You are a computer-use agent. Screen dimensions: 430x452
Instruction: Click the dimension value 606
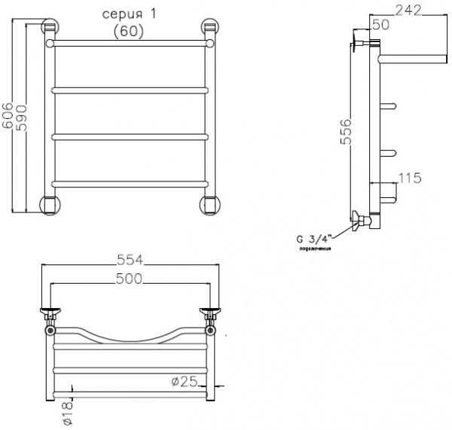[x=8, y=116]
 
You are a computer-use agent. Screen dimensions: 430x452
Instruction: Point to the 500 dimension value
[x=129, y=278]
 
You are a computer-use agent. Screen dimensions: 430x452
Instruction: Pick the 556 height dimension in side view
[x=345, y=134]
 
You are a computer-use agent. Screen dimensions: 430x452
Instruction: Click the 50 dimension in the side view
[x=380, y=25]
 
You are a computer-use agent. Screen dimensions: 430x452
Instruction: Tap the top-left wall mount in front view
[x=49, y=29]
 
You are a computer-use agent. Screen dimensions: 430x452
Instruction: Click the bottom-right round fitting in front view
[x=209, y=204]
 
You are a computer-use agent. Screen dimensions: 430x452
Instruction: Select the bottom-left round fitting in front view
[x=49, y=204]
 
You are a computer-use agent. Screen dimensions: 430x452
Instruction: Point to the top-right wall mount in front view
[x=209, y=29]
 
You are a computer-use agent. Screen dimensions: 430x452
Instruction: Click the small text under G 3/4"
[x=316, y=249]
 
